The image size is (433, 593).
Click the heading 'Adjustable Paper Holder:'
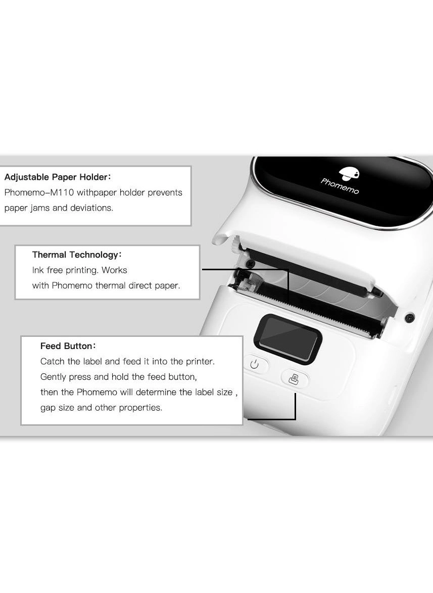point(58,177)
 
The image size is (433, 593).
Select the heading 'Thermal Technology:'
point(77,255)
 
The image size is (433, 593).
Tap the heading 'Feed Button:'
point(68,346)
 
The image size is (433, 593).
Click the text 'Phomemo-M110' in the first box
point(39,192)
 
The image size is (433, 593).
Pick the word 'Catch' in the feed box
point(52,362)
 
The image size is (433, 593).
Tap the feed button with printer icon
point(294,378)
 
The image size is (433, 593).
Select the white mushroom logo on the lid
point(349,174)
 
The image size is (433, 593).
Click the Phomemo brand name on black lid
point(340,186)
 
